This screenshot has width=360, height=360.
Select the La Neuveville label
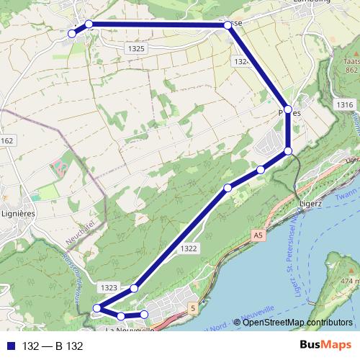[x=130, y=331]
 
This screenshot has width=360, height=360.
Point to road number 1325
[x=135, y=49]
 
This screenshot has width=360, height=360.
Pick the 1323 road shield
[x=109, y=287]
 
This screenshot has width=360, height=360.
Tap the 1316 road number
[x=344, y=105]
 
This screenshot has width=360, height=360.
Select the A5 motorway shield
[x=258, y=235]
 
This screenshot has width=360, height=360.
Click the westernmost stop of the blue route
[x=72, y=33]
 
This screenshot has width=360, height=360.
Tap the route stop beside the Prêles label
[x=288, y=109]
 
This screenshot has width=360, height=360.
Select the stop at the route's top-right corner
[x=228, y=24]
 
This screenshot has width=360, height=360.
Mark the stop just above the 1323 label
[x=134, y=289]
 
